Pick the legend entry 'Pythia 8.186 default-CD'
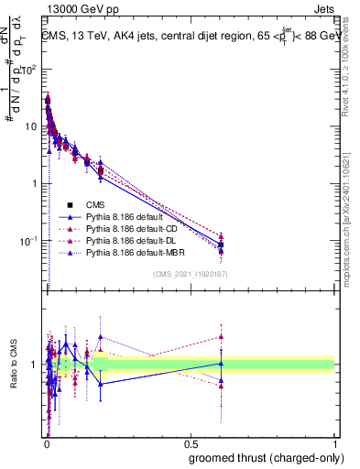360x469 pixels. (x=130, y=228)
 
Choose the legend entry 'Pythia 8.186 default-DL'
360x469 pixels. (x=130, y=240)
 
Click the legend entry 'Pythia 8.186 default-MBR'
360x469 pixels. (x=133, y=252)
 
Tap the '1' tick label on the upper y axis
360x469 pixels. (x=34, y=183)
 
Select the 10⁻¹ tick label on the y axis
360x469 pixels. (x=28, y=241)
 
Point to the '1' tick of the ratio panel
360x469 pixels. (x=34, y=365)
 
